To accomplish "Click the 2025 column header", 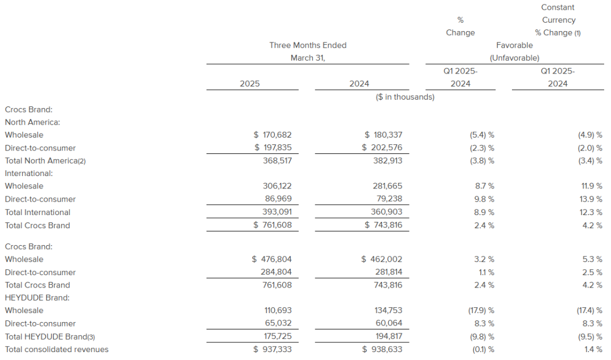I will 249,83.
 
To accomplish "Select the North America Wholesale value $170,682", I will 273,135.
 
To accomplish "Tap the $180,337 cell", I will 382,135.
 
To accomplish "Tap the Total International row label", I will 37,212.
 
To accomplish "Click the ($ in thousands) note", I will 405,97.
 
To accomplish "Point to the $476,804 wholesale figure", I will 272,259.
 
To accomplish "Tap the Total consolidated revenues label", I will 57,349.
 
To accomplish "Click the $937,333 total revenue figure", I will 273,349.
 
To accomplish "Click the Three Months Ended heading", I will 308,45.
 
